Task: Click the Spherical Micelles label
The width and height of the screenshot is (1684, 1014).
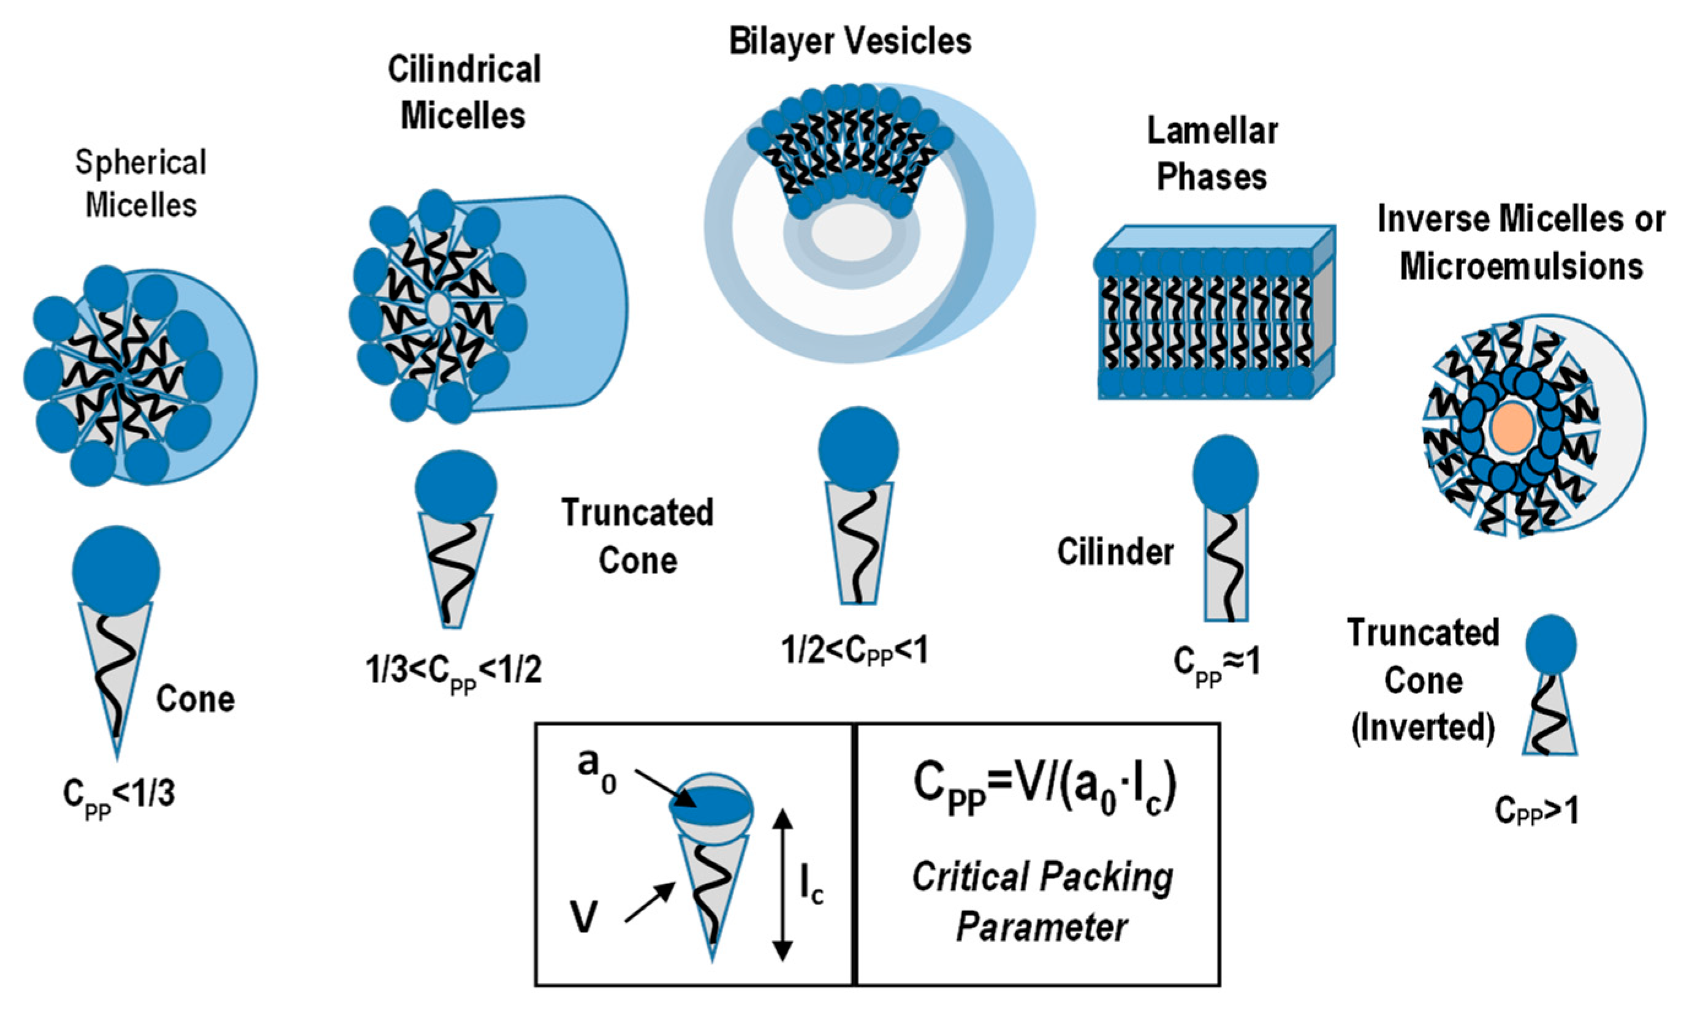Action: [141, 183]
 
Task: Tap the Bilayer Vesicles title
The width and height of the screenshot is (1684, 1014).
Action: [849, 41]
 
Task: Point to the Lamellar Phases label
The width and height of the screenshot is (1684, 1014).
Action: [1212, 154]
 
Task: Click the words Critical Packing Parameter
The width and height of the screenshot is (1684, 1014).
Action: [1042, 901]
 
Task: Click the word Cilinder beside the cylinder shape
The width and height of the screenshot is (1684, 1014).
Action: [1115, 551]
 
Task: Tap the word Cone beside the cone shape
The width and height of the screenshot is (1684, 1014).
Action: [195, 699]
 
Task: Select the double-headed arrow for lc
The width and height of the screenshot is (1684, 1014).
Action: [783, 885]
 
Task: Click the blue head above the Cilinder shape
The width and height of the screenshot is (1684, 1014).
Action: [1225, 474]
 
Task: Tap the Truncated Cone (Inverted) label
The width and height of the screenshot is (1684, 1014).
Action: [1423, 680]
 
